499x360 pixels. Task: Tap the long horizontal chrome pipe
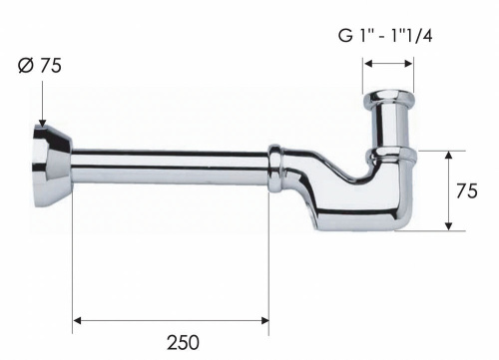(x=170, y=170)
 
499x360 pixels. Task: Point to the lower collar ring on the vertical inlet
(x=389, y=156)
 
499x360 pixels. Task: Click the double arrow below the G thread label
(x=388, y=64)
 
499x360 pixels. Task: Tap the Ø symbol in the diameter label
(x=25, y=68)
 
